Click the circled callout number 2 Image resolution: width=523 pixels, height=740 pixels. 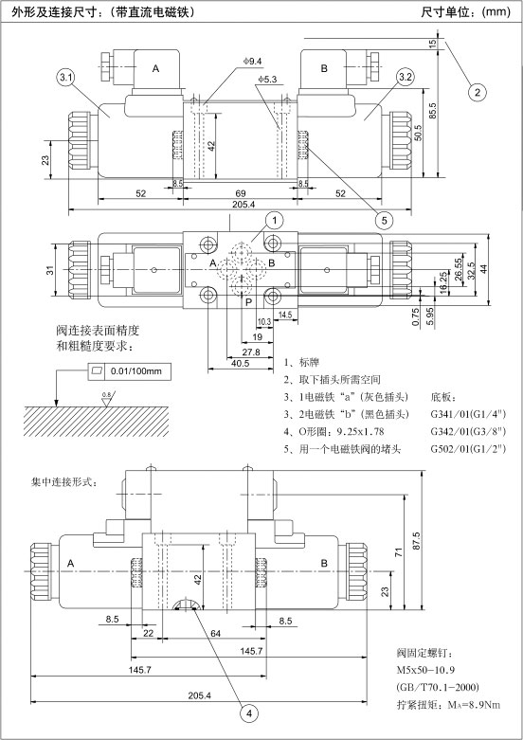478,92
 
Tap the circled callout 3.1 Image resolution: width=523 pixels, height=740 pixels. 64,78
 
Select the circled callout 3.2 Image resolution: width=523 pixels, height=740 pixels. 406,78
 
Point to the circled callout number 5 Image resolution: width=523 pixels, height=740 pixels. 385,220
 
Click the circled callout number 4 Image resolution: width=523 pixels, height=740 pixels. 250,713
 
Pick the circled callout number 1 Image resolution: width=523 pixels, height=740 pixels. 275,220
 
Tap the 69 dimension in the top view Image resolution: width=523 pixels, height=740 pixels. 241,193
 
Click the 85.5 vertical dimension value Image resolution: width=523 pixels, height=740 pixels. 434,112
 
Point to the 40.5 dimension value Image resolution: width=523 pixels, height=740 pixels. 240,364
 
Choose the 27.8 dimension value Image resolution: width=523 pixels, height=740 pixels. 251,352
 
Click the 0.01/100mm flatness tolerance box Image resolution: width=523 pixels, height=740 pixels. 130,371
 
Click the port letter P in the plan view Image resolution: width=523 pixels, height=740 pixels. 249,302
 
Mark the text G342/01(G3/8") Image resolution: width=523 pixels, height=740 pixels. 468,431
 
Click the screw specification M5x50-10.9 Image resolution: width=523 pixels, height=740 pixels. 425,670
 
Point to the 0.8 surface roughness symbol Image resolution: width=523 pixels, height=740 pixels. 108,399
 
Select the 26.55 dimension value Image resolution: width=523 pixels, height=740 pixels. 459,269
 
